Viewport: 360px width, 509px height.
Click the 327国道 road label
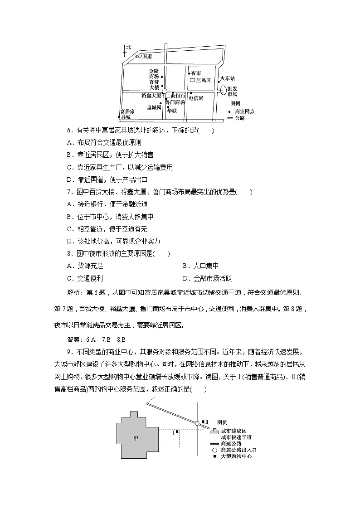pos(143,56)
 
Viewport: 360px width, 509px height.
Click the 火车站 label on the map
pos(226,78)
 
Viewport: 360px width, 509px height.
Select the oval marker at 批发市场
pos(223,90)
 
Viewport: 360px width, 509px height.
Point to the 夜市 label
pos(196,73)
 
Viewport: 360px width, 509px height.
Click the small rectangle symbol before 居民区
pos(192,80)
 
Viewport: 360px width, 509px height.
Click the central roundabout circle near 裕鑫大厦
pos(165,92)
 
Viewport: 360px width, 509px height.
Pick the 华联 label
pos(171,110)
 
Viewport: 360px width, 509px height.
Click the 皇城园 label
pos(154,107)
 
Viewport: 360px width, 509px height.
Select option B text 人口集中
pos(200,266)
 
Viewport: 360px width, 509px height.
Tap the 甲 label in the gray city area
pos(136,438)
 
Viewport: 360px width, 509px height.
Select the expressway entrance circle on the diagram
pos(197,423)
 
